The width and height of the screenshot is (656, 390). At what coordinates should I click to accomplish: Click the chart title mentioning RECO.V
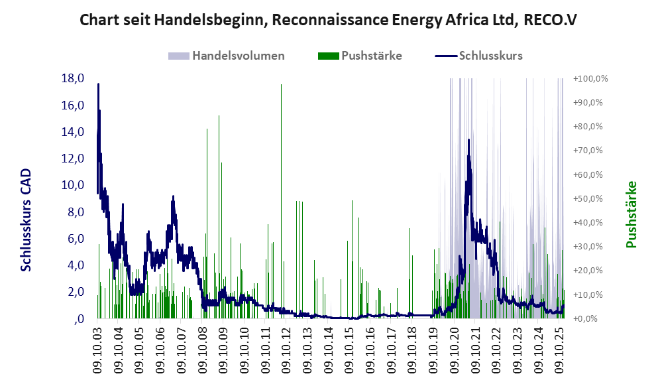click(327, 19)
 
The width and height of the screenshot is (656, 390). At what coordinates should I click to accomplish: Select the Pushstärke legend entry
click(361, 56)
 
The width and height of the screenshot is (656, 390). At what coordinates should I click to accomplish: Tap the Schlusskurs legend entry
click(480, 56)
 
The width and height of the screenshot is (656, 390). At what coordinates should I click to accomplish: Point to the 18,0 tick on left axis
click(72, 78)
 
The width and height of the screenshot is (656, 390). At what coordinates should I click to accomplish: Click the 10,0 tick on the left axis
click(72, 185)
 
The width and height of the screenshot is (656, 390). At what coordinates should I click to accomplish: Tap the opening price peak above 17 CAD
click(98, 84)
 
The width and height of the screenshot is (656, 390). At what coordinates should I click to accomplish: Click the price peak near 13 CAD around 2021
click(468, 140)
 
